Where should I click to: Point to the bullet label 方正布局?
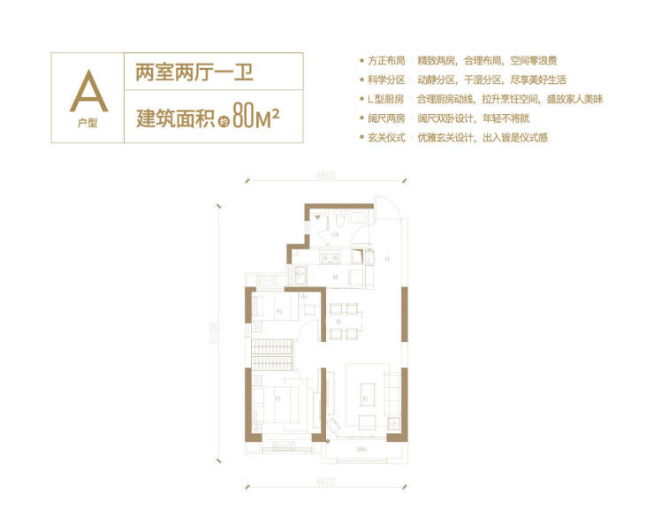pos(387,62)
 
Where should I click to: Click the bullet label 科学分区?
pos(387,81)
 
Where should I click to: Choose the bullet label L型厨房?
pos(387,101)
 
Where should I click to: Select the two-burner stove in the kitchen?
pos(332,258)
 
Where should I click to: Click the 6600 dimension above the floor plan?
pos(323,178)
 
